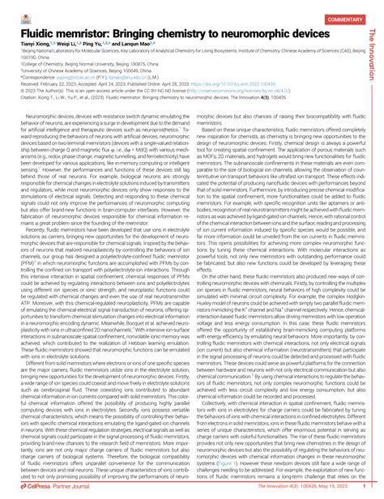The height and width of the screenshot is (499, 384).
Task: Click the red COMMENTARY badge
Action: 343,19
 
